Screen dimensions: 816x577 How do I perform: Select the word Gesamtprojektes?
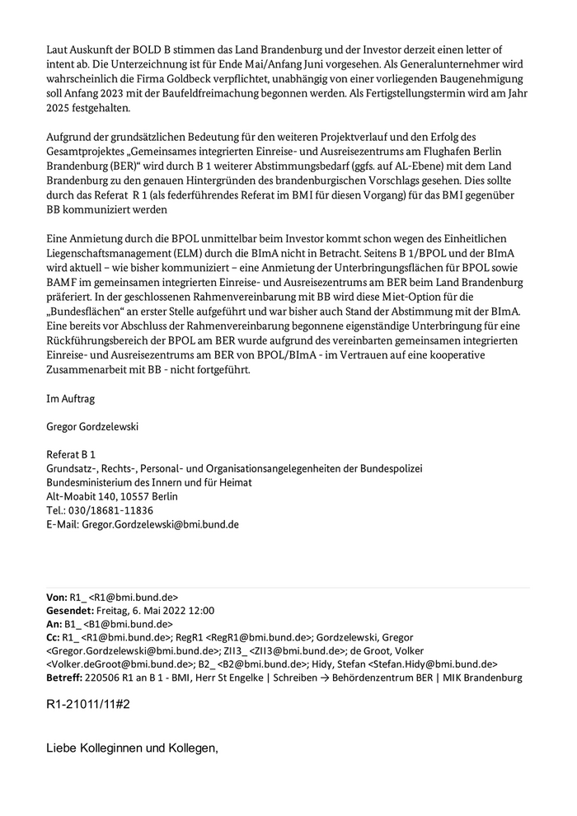(90, 151)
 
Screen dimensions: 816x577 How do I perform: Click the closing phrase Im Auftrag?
(71, 398)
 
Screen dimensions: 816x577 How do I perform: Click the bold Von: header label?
(57, 597)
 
